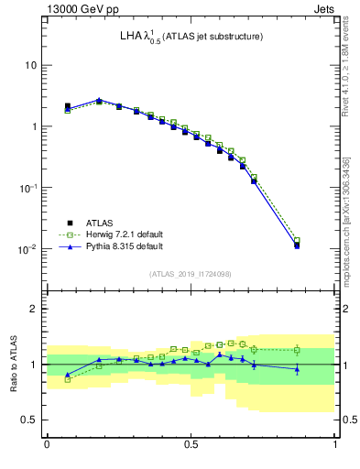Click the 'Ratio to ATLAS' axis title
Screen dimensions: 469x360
[x=13, y=363]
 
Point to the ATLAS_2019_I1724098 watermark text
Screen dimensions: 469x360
[x=191, y=274]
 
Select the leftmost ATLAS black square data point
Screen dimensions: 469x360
[x=68, y=106]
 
